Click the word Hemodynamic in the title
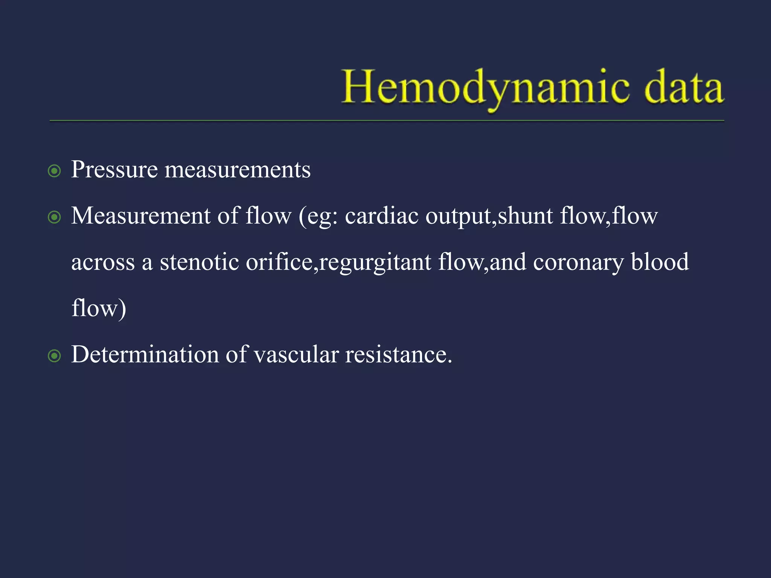485,87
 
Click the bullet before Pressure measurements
55,171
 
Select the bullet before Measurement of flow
55,218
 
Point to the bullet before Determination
55,356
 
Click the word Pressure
114,170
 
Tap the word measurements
238,170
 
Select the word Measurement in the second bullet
141,216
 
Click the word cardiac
381,216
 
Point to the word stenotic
199,262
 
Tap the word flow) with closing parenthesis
99,309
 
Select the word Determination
145,355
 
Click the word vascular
296,355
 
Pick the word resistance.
398,355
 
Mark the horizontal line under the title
387,121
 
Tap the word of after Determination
236,355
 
